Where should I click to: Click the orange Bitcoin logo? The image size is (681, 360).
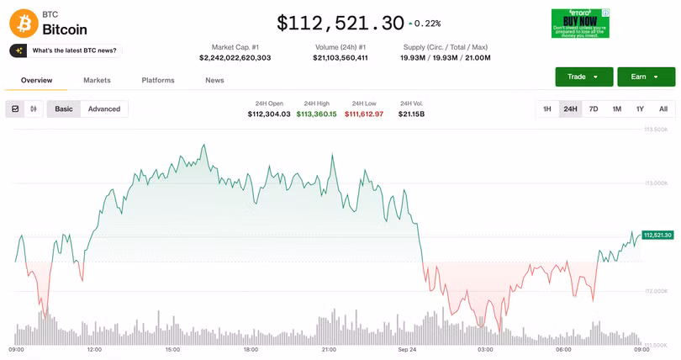point(24,23)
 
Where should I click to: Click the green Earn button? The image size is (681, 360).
point(646,77)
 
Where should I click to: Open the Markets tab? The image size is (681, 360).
point(97,80)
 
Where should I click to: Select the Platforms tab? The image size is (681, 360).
point(158,80)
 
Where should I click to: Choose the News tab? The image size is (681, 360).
point(214,80)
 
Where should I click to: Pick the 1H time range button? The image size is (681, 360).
point(547,109)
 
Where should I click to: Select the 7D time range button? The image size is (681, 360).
point(594,109)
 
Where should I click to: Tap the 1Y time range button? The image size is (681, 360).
point(640,109)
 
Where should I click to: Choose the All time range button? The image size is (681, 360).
point(663,109)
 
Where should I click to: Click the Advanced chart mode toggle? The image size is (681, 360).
point(104,109)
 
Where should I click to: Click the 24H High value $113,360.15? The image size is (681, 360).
point(316,114)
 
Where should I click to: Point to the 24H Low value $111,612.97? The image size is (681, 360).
point(364,114)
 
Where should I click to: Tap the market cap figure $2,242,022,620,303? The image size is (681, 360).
point(235,57)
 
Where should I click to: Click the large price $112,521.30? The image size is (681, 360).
point(340,23)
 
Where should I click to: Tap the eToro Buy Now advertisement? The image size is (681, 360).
point(580,24)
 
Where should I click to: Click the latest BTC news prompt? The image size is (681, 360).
point(66,50)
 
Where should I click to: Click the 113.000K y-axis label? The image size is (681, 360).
point(656,183)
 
